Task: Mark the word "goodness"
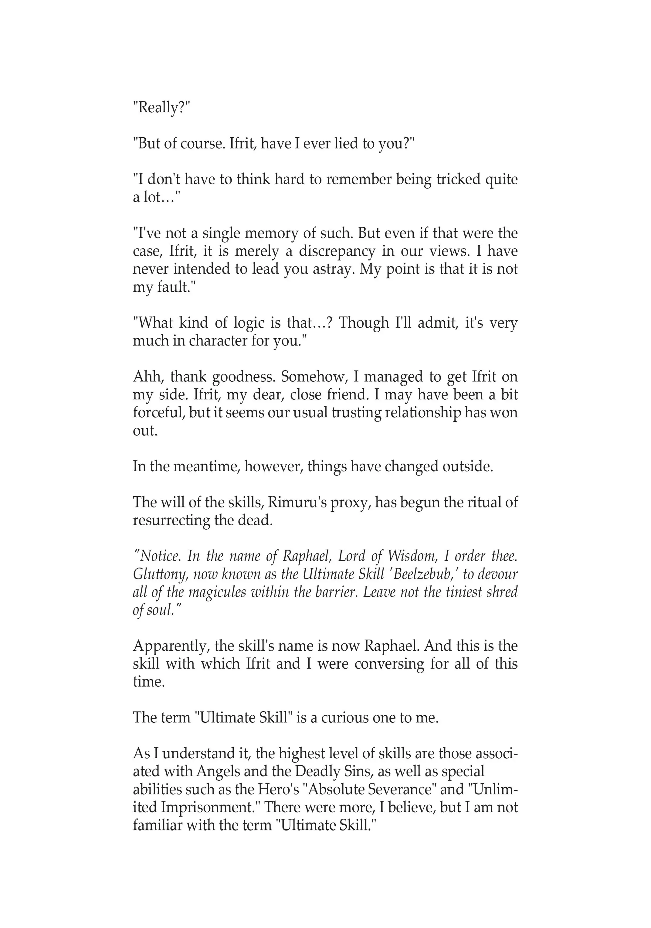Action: coord(243,377)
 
